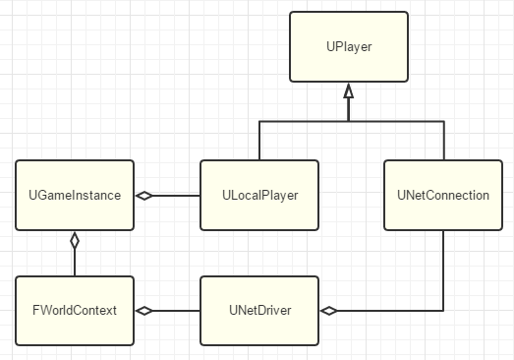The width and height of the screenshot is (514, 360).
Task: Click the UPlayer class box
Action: [x=348, y=47]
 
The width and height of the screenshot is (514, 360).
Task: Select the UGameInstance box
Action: [x=75, y=195]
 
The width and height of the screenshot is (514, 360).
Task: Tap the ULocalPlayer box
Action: [x=258, y=195]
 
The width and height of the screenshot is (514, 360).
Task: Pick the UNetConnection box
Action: [x=442, y=195]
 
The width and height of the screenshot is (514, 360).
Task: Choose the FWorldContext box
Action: [x=75, y=311]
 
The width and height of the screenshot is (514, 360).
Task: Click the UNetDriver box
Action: [x=258, y=311]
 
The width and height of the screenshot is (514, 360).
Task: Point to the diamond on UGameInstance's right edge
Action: [x=144, y=196]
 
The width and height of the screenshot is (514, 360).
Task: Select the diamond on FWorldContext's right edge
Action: [x=144, y=311]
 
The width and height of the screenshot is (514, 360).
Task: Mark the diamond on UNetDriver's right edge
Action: [x=328, y=311]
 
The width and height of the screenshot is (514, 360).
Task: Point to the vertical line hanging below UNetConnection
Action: [x=442, y=270]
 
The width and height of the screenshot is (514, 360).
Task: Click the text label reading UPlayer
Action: [x=348, y=47]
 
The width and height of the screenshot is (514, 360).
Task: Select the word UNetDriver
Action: [x=258, y=311]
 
